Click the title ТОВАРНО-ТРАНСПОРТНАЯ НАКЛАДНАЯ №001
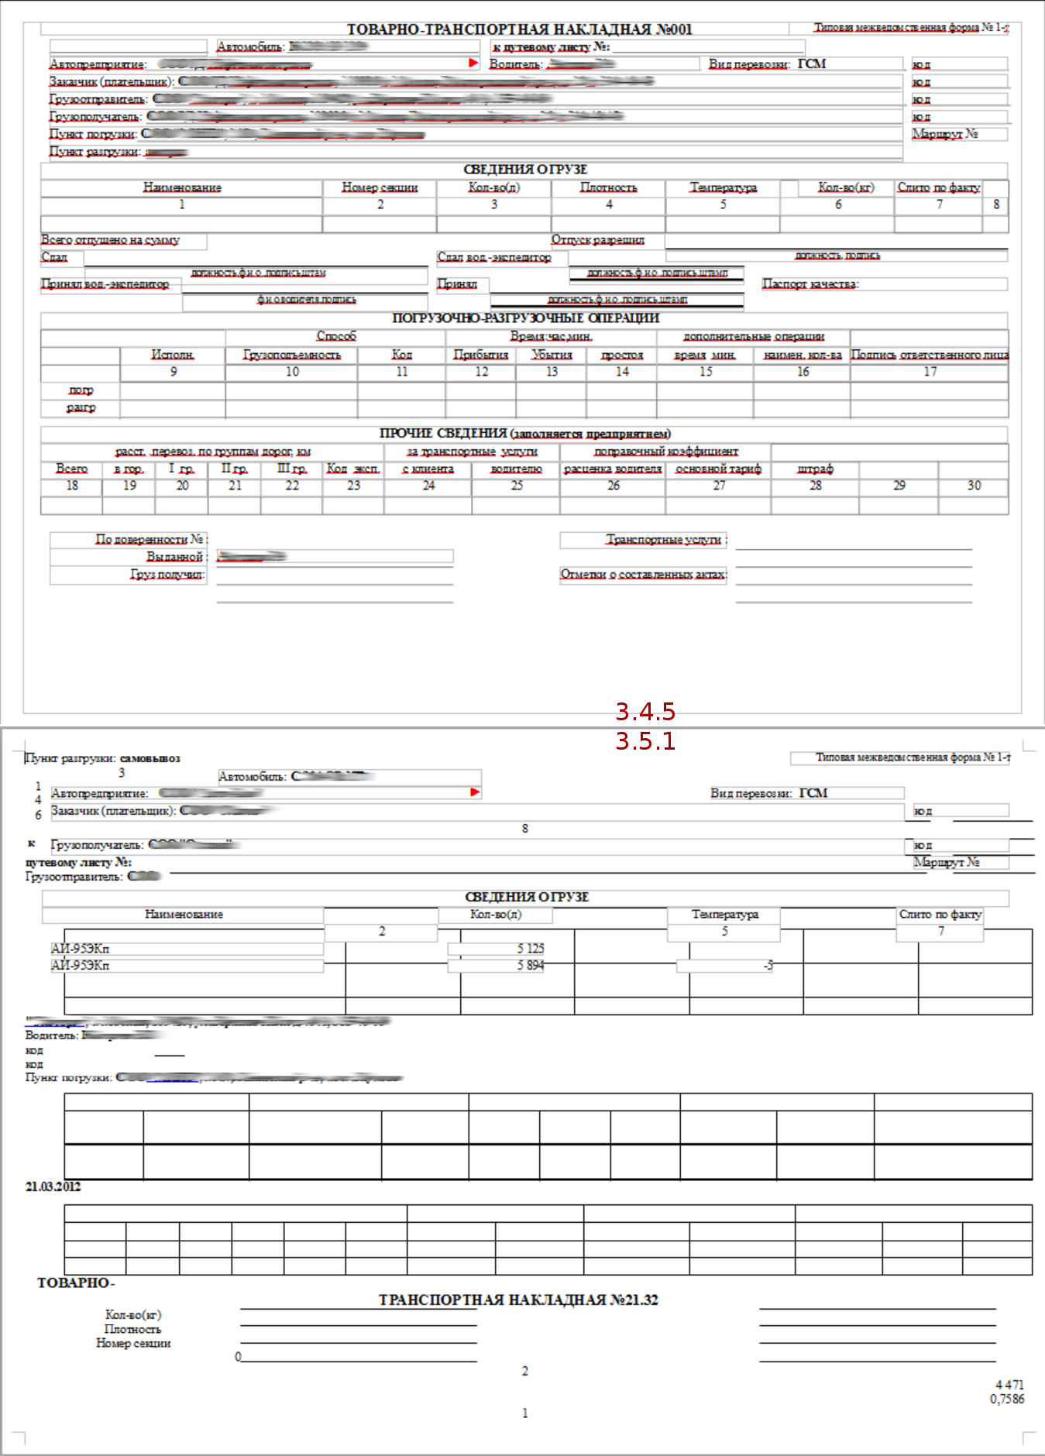519,29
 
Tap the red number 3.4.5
645,711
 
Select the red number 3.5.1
645,741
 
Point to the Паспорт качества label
810,284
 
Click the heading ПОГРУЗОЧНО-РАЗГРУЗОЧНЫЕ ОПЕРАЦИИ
525,318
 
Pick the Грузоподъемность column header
292,355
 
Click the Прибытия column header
480,355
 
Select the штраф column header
815,469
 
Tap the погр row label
81,390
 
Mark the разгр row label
81,407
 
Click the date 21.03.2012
53,1186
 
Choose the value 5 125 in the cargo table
531,949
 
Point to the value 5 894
531,966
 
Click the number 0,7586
1006,1399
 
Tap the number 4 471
1009,1385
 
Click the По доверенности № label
150,539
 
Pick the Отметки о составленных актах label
643,575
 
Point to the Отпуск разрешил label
597,240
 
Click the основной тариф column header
718,469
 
